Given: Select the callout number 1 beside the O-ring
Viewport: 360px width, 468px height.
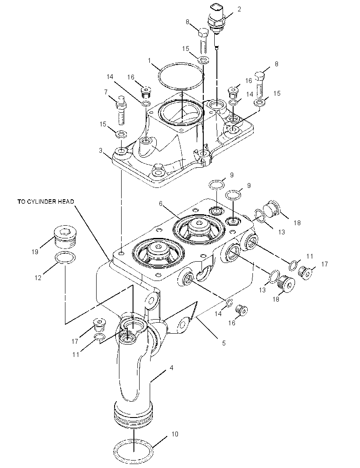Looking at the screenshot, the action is click(x=149, y=61).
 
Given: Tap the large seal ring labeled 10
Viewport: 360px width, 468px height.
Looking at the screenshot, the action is click(x=134, y=447).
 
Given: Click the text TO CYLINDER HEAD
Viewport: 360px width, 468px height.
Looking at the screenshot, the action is click(x=46, y=202).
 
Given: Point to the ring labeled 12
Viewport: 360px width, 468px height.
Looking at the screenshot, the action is click(x=65, y=258).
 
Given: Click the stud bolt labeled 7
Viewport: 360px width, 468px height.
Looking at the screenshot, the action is click(x=121, y=110).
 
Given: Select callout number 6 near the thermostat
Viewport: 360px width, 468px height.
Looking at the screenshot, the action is click(x=161, y=204).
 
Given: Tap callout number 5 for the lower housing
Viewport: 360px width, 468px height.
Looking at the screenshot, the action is click(x=224, y=343).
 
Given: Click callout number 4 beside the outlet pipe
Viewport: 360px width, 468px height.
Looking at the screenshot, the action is click(x=171, y=368).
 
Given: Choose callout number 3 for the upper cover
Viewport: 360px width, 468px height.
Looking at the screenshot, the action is click(x=101, y=151).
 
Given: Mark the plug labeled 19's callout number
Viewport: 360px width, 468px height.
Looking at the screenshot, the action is click(x=35, y=252).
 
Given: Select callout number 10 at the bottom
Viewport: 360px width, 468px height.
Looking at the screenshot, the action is click(x=175, y=434).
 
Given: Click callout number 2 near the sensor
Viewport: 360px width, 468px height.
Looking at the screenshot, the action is click(x=239, y=9).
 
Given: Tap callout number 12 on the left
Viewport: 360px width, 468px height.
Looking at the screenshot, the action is click(x=38, y=277).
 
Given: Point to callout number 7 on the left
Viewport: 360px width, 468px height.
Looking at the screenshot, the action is click(x=106, y=92).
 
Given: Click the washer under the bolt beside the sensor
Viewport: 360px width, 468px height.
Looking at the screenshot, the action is click(x=203, y=59).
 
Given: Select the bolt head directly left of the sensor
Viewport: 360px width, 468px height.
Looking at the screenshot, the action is click(x=203, y=32).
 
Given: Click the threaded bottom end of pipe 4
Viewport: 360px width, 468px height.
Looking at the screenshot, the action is click(x=133, y=414).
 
